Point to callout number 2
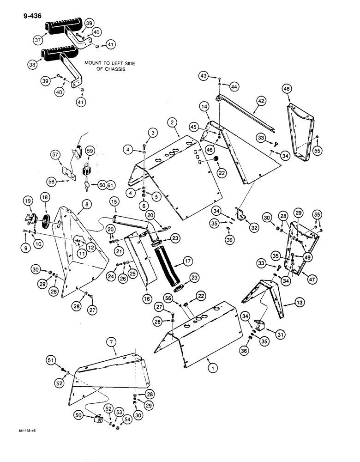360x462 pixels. click(172, 122)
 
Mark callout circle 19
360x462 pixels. click(27, 201)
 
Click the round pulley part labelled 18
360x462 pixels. click(46, 219)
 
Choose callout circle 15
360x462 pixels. click(114, 202)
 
